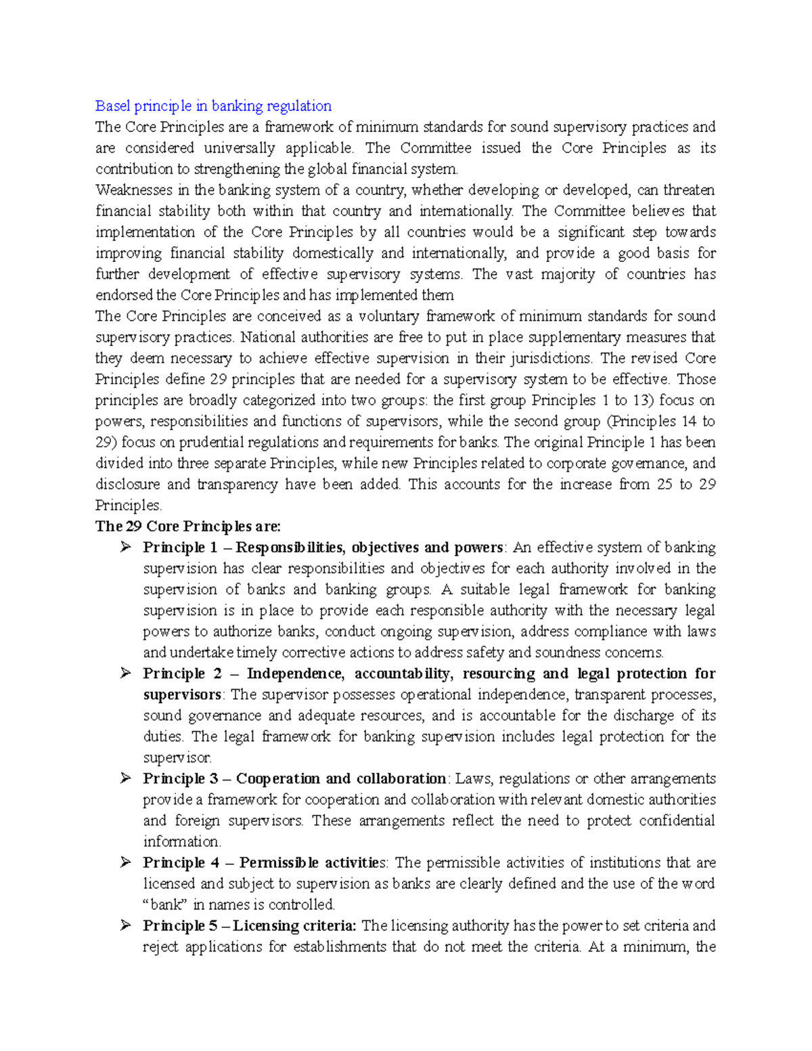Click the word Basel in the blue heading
click(112, 106)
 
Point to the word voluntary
click(388, 316)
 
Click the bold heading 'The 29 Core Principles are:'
click(188, 526)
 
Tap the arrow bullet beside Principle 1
click(125, 547)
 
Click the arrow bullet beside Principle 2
click(125, 673)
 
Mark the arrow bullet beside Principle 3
click(125, 778)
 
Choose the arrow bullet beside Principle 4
click(125, 862)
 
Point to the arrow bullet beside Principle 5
click(125, 925)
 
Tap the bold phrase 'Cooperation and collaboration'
click(340, 778)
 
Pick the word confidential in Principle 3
click(677, 820)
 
